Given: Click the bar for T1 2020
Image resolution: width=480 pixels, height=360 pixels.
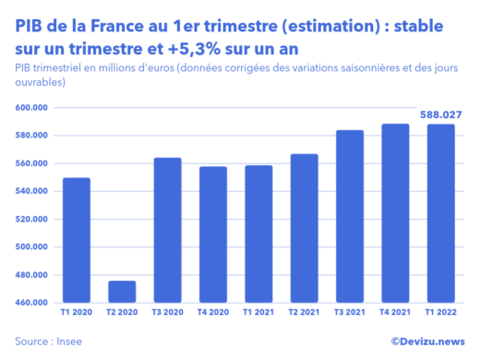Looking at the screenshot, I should (76, 240).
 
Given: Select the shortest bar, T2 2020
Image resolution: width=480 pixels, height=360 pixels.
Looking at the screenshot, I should (121, 292).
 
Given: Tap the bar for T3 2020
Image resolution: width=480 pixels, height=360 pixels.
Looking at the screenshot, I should (167, 230).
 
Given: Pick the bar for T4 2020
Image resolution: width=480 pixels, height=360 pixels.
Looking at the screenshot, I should (212, 234).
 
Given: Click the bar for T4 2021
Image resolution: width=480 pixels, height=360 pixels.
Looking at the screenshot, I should (395, 213).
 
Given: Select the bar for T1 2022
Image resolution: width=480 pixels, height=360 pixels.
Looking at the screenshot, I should (441, 213).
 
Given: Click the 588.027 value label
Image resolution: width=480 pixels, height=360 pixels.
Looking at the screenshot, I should (441, 114).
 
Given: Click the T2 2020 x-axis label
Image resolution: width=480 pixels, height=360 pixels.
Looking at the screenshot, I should (121, 314).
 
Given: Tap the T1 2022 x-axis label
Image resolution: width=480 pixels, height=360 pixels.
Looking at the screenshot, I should (441, 314).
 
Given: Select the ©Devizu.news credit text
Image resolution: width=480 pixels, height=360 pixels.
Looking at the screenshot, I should (426, 341).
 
